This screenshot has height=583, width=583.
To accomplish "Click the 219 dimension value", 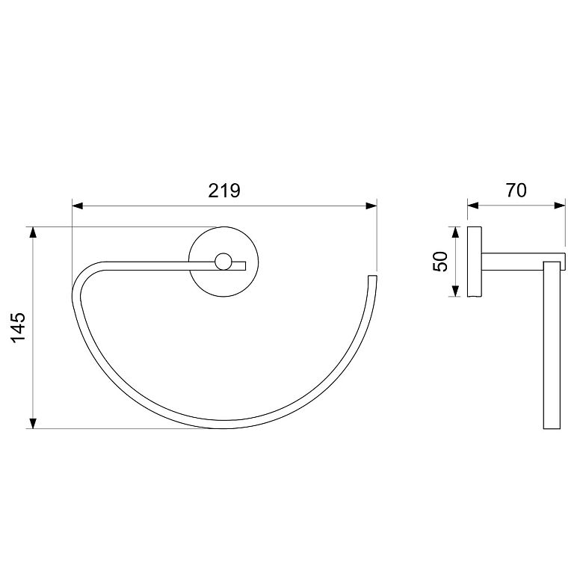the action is point(224,191).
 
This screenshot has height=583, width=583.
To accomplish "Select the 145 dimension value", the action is point(18,327).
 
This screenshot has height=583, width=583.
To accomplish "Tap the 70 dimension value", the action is point(516,191).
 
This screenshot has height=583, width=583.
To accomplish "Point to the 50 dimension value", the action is point(441,262).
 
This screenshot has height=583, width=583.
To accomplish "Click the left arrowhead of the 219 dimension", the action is point(77,206).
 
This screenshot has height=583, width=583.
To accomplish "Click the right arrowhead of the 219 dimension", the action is point(371,206).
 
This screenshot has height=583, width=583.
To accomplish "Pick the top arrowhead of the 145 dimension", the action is point(33,232).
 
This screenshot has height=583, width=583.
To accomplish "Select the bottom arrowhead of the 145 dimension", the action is point(33,423).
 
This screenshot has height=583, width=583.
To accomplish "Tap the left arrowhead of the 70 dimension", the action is point(473,206).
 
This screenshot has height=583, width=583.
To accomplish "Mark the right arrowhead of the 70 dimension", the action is point(560,206).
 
